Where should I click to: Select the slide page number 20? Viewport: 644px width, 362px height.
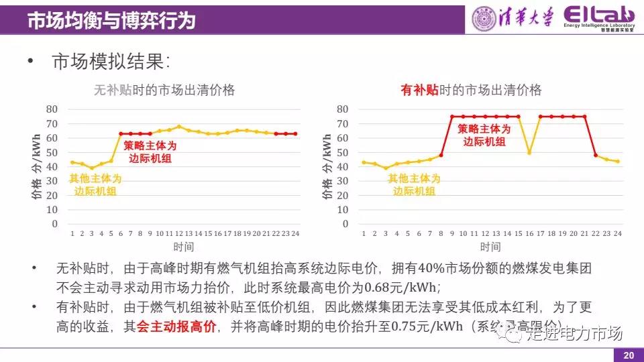[x=628, y=355]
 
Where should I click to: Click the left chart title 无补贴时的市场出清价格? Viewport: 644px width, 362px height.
[x=164, y=90]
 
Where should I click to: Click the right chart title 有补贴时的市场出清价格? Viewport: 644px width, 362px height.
[x=471, y=90]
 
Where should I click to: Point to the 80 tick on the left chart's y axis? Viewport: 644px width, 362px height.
[x=52, y=109]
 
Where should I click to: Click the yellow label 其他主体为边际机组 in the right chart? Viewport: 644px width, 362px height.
[x=415, y=184]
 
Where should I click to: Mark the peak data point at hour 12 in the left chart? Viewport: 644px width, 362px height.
[x=179, y=126]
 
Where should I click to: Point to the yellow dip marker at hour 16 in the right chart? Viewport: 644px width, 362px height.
[x=529, y=152]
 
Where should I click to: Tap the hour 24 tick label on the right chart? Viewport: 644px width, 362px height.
[x=616, y=233]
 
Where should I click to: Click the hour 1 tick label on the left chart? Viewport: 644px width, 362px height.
[x=72, y=233]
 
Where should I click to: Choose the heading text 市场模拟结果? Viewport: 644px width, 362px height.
[x=111, y=62]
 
